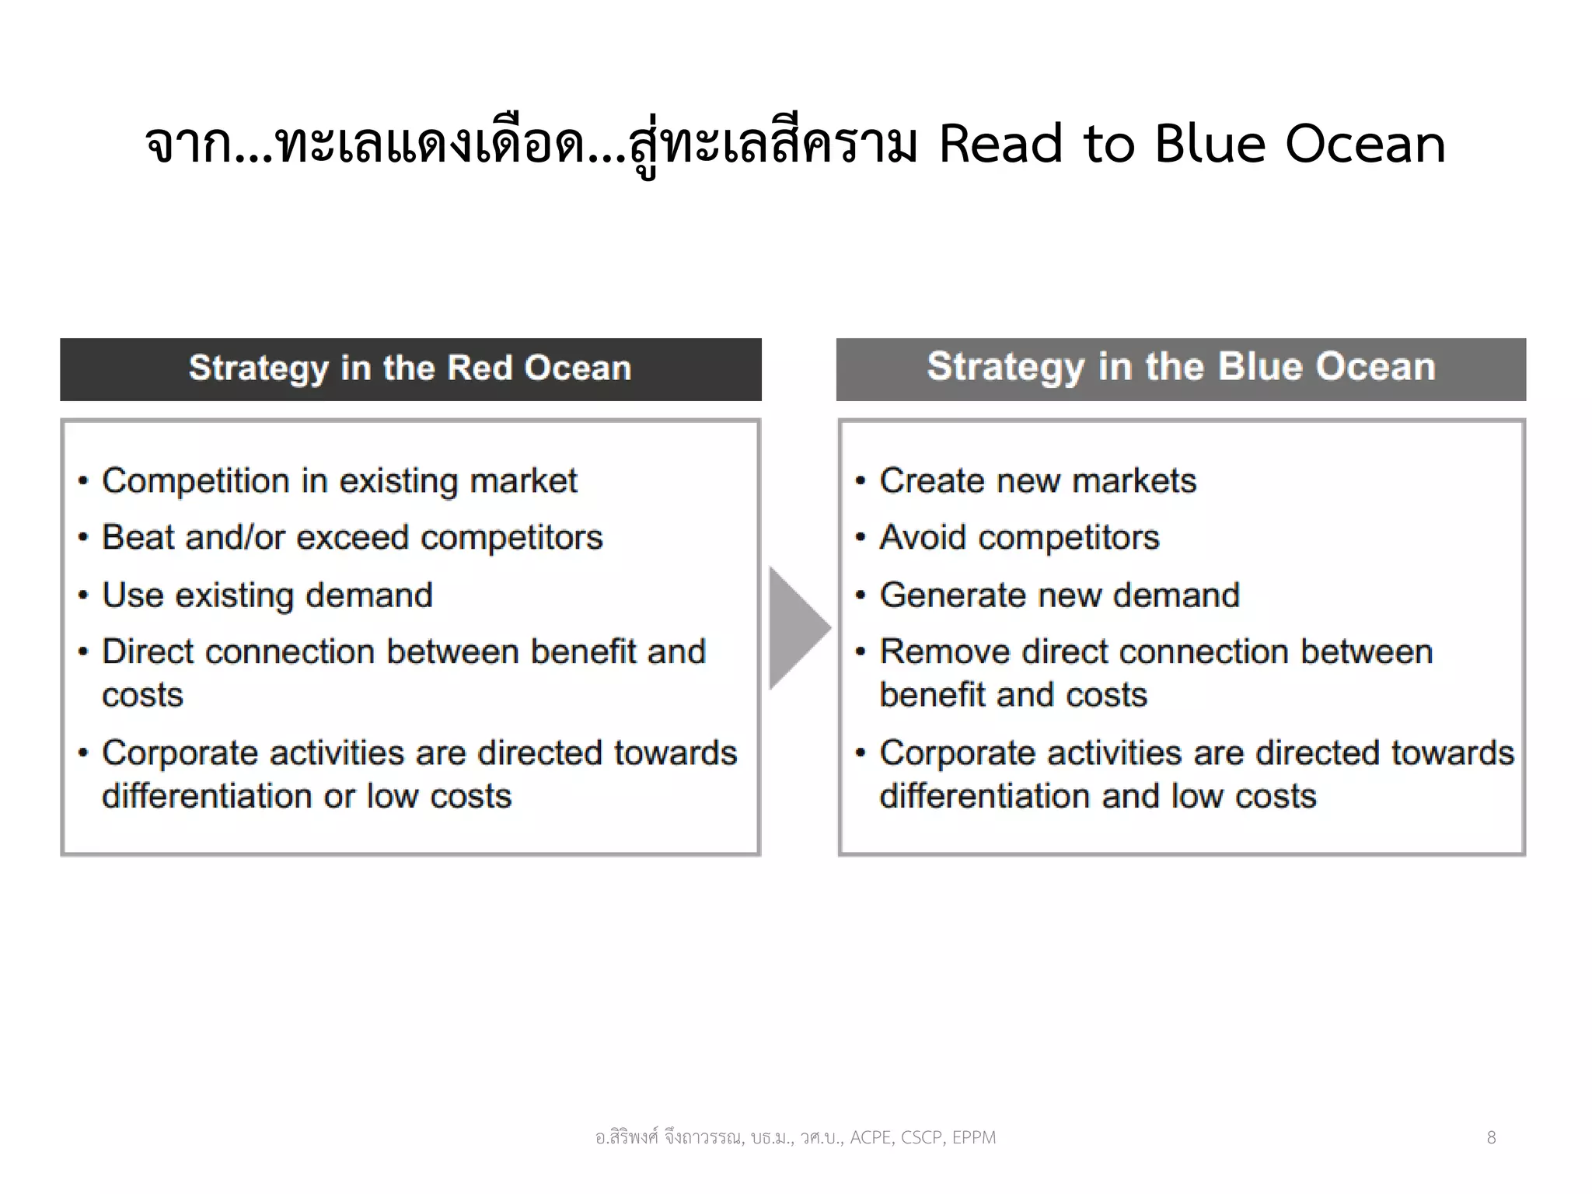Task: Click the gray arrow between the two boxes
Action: click(x=796, y=628)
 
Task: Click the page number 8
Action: click(x=1491, y=1138)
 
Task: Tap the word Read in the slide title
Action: click(x=1000, y=145)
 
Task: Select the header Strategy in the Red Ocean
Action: click(x=410, y=368)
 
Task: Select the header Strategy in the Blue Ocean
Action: click(x=1181, y=367)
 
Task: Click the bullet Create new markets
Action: click(x=1038, y=481)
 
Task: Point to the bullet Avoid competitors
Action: click(x=1019, y=538)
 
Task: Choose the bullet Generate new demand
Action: click(x=1060, y=595)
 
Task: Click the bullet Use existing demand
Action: click(x=267, y=595)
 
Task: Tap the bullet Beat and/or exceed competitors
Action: click(x=352, y=538)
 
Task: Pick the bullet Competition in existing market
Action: click(x=340, y=481)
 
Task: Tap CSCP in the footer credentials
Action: click(x=922, y=1138)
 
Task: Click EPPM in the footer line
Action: click(x=973, y=1138)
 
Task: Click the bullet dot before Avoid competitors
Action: click(x=860, y=538)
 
